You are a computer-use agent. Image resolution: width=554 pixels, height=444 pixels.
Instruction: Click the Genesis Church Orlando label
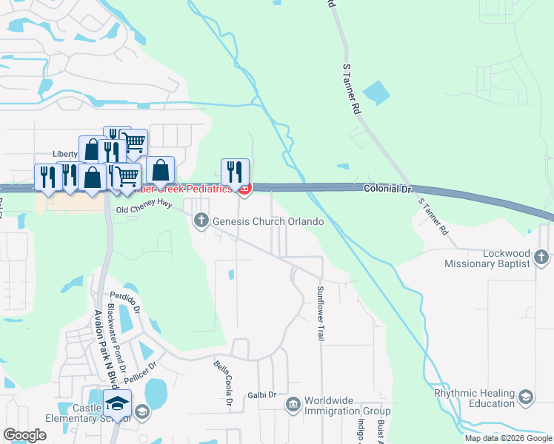pos(268,221)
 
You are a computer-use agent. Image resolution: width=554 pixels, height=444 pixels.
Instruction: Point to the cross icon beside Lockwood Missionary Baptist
pos(541,258)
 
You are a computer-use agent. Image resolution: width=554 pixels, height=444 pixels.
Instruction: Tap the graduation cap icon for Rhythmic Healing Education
pos(527,397)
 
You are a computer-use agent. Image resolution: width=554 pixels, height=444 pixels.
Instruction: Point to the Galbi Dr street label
pos(261,395)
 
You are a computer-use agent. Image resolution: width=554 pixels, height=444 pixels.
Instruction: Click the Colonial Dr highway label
pos(386,189)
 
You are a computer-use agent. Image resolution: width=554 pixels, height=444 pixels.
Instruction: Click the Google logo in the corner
pos(24,435)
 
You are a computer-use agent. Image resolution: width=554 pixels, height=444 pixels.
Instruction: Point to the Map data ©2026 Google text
pos(507,438)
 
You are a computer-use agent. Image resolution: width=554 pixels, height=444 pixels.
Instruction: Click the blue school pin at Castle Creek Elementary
pos(116,403)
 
